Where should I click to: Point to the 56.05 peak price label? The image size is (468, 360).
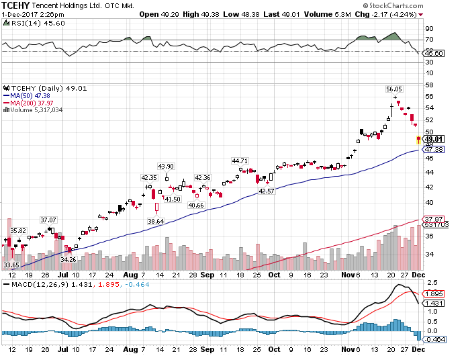click(x=393, y=89)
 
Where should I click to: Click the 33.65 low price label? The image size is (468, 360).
click(x=11, y=265)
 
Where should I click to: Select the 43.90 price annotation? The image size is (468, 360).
click(x=165, y=167)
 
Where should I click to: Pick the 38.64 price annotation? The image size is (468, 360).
click(x=156, y=221)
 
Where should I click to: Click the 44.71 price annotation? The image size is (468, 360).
click(x=240, y=161)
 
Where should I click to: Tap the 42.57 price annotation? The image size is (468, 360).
click(x=266, y=191)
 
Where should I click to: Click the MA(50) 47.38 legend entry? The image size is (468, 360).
click(x=33, y=95)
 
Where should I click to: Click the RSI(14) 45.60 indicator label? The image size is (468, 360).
click(x=30, y=22)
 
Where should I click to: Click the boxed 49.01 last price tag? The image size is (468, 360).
click(x=432, y=139)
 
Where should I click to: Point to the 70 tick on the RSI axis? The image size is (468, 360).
click(x=428, y=40)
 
